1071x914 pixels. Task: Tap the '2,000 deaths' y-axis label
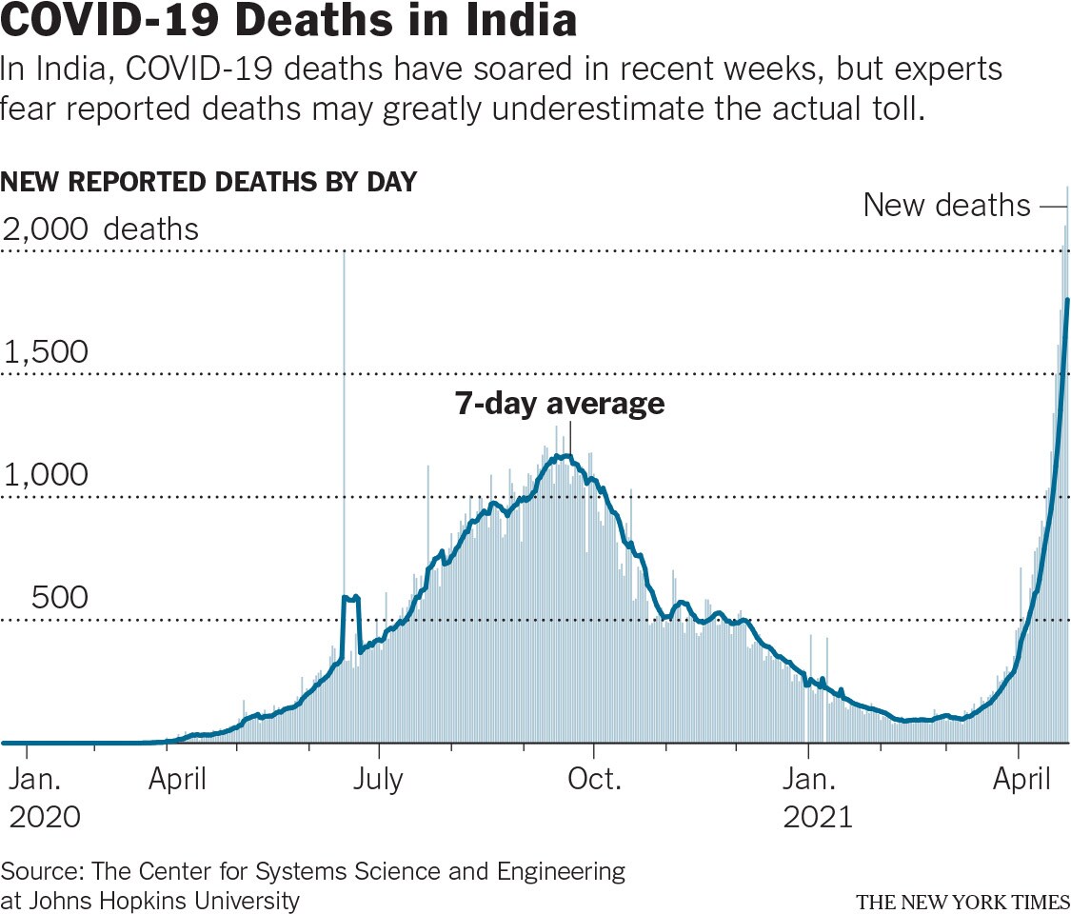(x=101, y=229)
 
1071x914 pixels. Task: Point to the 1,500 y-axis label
(x=46, y=352)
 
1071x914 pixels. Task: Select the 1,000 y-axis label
(x=46, y=475)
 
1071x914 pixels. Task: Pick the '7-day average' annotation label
(x=559, y=404)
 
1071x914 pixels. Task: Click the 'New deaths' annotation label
(x=946, y=205)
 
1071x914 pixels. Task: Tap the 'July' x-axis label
(x=379, y=781)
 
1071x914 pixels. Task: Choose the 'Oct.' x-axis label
(x=593, y=781)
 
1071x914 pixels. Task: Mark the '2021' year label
(x=817, y=817)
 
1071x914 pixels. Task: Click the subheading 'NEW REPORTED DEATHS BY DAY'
(x=208, y=181)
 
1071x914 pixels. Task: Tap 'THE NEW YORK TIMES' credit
(x=962, y=901)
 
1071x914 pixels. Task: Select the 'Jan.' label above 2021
(x=808, y=781)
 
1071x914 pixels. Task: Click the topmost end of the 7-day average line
(x=1067, y=301)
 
